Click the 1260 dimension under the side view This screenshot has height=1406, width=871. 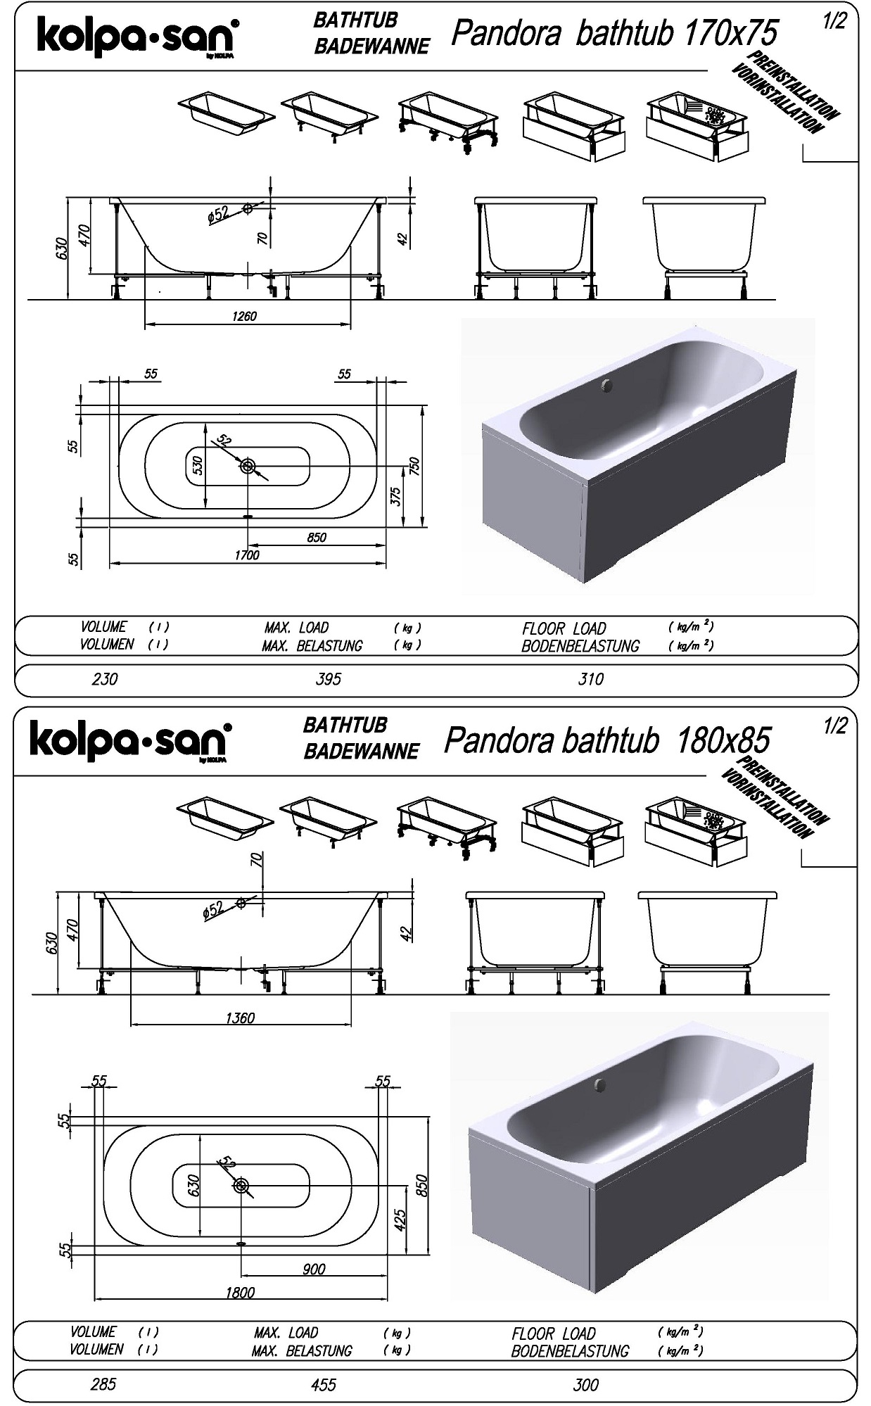click(244, 316)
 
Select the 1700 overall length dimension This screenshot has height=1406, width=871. click(247, 555)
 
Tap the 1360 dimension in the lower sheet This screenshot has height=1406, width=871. click(240, 1018)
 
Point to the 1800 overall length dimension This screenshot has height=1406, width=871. click(240, 1292)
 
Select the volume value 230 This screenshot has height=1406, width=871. click(105, 679)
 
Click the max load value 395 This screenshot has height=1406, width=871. click(329, 679)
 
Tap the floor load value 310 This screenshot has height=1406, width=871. click(591, 679)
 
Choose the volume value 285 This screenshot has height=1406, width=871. click(103, 1384)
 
